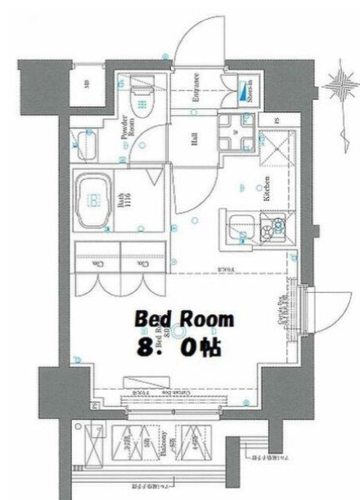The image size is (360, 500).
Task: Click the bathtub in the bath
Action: (x=95, y=199)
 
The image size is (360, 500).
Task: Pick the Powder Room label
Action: (x=128, y=129)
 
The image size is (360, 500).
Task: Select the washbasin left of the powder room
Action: (x=83, y=148)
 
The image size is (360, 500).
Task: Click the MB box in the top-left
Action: (x=87, y=84)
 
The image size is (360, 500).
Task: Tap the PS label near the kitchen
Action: (x=277, y=122)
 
